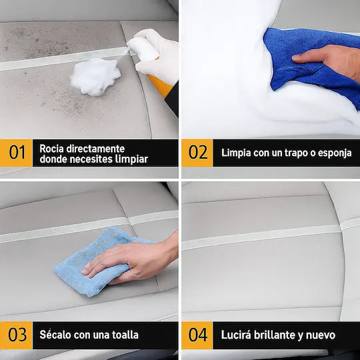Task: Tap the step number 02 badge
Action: coord(197,153)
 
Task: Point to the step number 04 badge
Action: coord(197,335)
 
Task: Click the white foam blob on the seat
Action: coord(95,76)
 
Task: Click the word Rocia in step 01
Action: coord(53,148)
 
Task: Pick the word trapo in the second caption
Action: coord(284,153)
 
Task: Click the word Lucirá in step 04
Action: coord(236,335)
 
